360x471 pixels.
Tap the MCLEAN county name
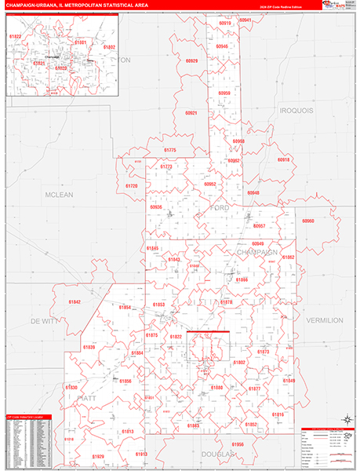(x=60, y=194)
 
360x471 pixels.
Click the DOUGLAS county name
(x=216, y=455)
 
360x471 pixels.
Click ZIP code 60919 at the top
(x=225, y=24)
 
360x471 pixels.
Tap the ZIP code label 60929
(x=191, y=60)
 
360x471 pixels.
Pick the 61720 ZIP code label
(x=131, y=186)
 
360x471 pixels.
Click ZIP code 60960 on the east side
(x=307, y=221)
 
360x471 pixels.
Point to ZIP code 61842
(x=74, y=301)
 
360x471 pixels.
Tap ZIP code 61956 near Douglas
(x=238, y=444)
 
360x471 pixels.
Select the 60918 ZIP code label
(x=283, y=159)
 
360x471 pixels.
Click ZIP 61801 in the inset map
(x=80, y=42)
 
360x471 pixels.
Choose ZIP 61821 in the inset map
(x=39, y=63)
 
